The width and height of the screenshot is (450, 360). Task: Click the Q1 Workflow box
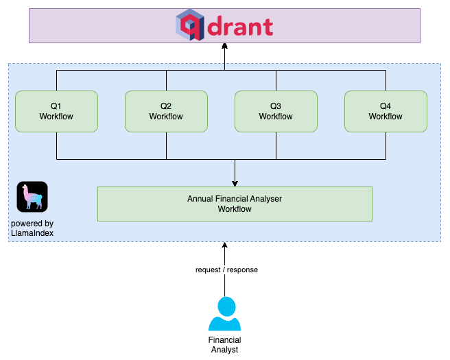click(56, 111)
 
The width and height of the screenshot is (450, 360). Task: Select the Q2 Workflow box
click(166, 111)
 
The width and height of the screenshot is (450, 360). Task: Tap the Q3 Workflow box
click(276, 111)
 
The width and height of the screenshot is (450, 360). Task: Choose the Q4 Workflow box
click(386, 111)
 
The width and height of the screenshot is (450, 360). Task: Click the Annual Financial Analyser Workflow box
click(235, 204)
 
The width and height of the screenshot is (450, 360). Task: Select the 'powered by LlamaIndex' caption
click(32, 228)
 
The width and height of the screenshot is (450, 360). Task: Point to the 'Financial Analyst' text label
click(224, 345)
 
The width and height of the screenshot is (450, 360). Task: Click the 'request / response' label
click(226, 269)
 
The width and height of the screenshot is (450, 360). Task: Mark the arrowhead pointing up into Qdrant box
click(224, 47)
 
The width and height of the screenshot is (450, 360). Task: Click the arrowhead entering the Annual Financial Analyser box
click(235, 183)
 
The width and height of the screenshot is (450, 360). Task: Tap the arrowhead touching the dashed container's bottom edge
click(224, 245)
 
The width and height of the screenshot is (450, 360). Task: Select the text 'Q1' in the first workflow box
click(56, 106)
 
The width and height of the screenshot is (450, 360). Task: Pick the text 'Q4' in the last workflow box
click(386, 106)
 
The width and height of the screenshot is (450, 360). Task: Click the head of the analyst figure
click(224, 305)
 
